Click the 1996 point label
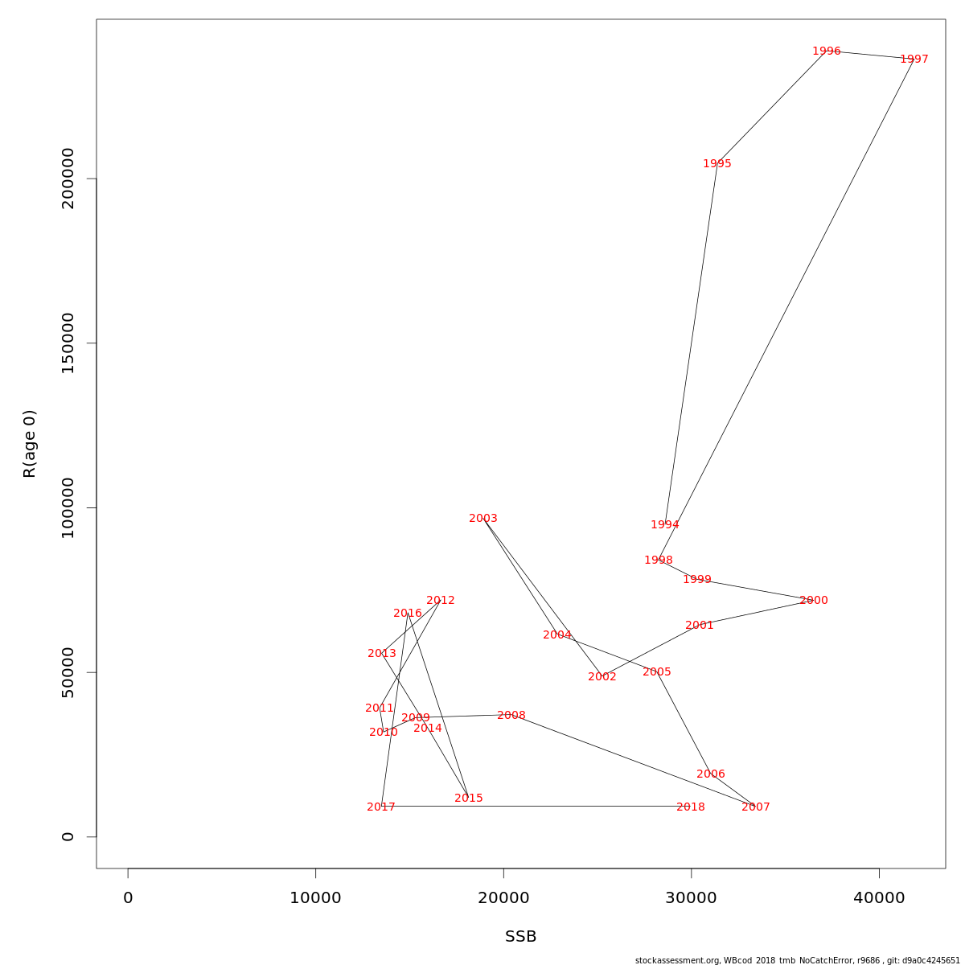(826, 51)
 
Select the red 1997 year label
(914, 60)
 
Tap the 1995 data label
(717, 164)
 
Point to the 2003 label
(482, 519)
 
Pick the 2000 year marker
(813, 601)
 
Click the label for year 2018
(690, 807)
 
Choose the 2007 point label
(755, 807)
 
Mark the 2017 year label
(380, 807)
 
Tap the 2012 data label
(440, 601)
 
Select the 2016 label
(407, 614)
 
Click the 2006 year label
(710, 774)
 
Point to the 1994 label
(664, 525)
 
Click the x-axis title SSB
(520, 937)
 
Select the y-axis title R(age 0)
(30, 444)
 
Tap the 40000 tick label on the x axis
(879, 898)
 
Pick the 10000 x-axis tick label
(315, 898)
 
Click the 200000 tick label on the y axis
(68, 179)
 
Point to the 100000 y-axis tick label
(68, 507)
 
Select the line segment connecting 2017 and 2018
(531, 806)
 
